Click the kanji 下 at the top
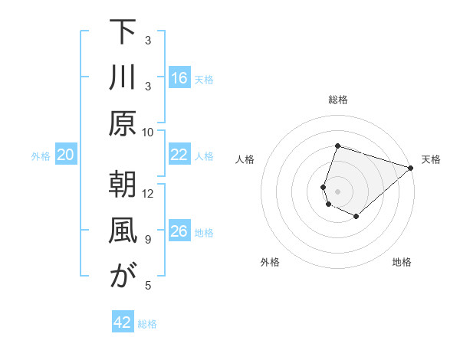point(122,32)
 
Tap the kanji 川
point(122,78)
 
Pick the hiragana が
point(122,277)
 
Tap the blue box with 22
point(179,155)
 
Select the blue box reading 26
point(179,231)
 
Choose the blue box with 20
point(66,155)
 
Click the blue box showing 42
point(123,322)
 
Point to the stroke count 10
point(148,132)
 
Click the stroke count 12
point(148,193)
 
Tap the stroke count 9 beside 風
point(147,240)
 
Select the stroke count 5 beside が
point(147,286)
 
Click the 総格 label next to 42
point(147,324)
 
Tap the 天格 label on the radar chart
point(432,159)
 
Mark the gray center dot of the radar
point(337,191)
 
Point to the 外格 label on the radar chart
point(270,263)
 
